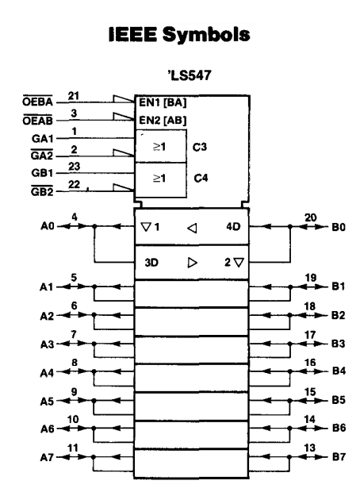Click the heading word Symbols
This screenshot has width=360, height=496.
tap(206, 34)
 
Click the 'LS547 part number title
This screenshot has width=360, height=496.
tap(190, 75)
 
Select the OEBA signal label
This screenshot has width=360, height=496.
tap(37, 102)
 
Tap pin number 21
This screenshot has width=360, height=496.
tap(74, 96)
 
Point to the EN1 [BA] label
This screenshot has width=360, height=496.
tap(163, 102)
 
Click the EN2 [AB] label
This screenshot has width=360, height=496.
tap(163, 120)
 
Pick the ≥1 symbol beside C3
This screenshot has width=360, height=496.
tap(159, 147)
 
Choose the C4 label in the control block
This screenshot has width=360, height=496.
tap(201, 178)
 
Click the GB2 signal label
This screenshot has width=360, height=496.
tap(42, 191)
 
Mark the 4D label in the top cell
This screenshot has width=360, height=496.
tap(233, 226)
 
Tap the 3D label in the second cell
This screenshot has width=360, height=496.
tap(151, 263)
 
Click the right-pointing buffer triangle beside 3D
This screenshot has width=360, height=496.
tap(193, 263)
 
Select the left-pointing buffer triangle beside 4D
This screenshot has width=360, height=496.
tap(192, 228)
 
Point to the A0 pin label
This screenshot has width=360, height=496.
tap(48, 226)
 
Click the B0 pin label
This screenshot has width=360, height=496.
tap(339, 227)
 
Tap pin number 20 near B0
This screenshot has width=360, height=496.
tap(310, 217)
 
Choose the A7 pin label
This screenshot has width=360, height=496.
tap(47, 457)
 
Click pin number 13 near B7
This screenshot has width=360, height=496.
tap(310, 448)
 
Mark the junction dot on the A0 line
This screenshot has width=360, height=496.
tap(94, 226)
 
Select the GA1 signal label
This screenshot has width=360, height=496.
tap(42, 139)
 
